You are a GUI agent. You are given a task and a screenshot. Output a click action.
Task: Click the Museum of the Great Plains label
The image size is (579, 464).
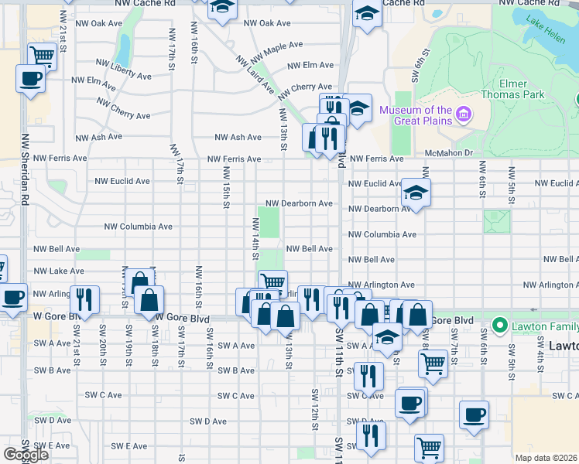415,116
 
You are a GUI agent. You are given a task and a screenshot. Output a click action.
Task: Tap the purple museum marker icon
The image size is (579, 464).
464,116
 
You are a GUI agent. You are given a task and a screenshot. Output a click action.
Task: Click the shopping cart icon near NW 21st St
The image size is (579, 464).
43,56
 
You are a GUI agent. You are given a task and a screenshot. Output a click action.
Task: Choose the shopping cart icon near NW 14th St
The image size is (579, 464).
272,282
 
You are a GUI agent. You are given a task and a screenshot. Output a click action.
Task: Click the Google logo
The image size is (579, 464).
26,455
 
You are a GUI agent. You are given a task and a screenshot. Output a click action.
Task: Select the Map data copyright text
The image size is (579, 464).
545,457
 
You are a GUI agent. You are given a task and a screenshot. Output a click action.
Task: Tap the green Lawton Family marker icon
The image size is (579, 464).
501,325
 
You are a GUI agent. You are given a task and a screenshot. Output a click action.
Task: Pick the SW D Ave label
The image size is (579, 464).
208,421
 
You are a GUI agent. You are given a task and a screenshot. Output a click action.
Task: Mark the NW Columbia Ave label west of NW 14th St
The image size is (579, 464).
138,227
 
